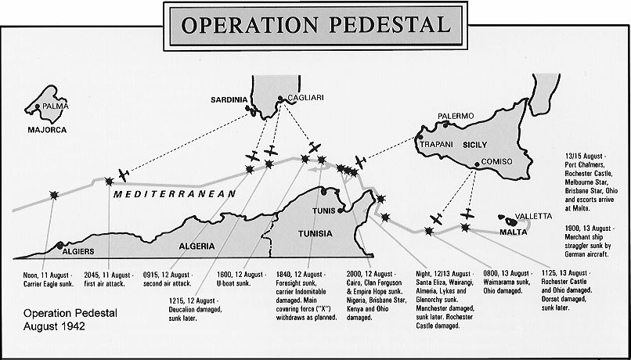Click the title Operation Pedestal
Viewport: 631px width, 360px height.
tap(315, 24)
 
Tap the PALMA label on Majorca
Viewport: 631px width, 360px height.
tap(56, 106)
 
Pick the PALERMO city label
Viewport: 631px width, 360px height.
tap(456, 116)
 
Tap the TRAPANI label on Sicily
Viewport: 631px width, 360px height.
tap(437, 145)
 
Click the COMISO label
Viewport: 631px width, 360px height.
tap(498, 162)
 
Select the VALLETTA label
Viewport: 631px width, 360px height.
tap(534, 215)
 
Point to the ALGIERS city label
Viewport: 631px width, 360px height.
tap(78, 251)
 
